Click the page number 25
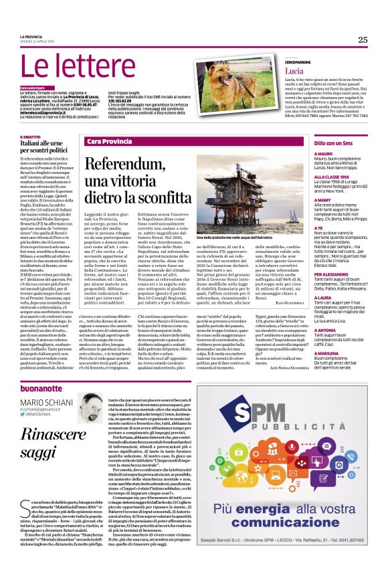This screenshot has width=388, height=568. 362,39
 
